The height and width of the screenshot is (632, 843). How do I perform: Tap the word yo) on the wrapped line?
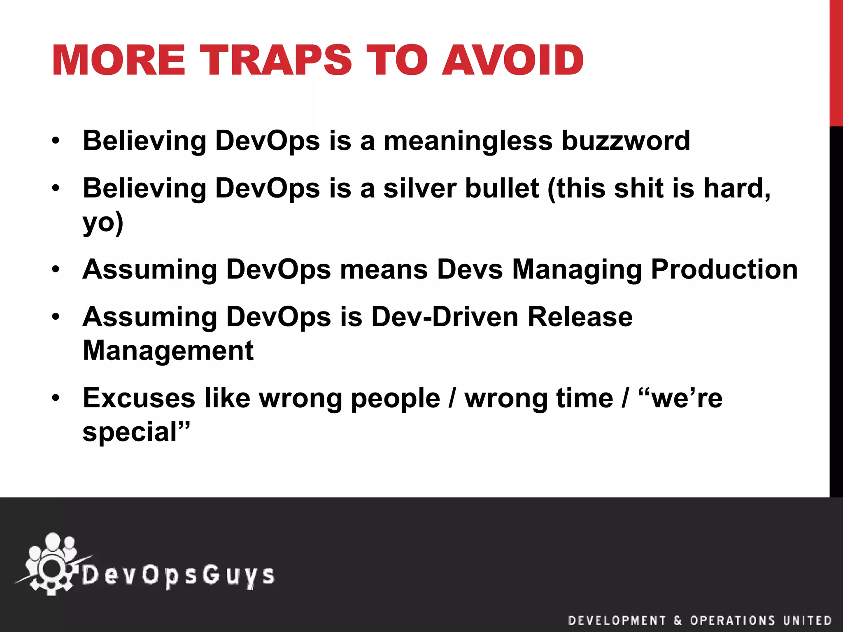(103, 223)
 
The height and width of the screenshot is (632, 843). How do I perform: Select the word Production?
(724, 270)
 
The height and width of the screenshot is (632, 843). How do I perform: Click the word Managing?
(577, 270)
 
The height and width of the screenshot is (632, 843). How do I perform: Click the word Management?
(168, 351)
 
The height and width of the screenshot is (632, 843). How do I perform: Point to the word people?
(395, 398)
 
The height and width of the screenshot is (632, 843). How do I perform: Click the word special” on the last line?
(136, 432)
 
